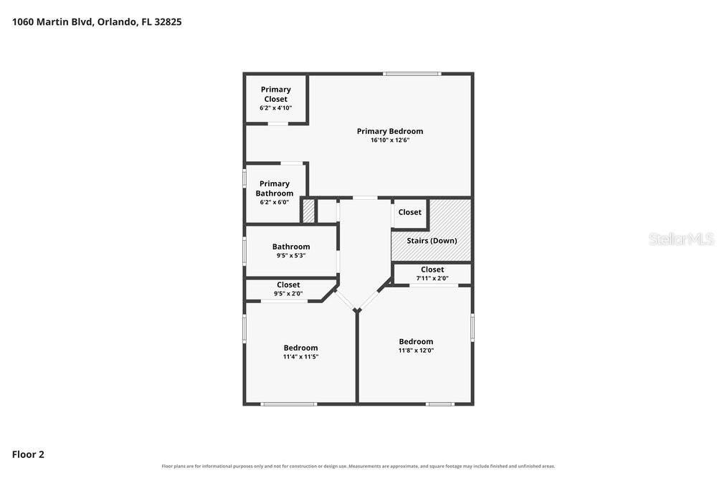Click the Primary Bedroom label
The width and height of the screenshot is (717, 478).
tap(389, 131)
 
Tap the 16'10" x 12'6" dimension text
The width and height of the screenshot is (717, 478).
tap(389, 140)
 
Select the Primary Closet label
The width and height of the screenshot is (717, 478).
tap(276, 94)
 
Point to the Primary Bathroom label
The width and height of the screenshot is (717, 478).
tap(275, 188)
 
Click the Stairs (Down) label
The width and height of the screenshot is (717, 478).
tap(432, 240)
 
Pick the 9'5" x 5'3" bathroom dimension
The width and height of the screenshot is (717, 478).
tap(291, 255)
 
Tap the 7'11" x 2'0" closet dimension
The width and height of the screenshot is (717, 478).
tap(432, 278)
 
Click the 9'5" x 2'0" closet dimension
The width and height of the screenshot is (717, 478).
tap(288, 293)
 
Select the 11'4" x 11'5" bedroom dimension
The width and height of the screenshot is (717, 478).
tap(300, 356)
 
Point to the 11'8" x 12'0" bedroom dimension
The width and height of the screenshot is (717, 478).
tap(416, 350)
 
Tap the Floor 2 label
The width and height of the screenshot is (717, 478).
tap(28, 454)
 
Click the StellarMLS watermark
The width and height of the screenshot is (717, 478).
tap(681, 239)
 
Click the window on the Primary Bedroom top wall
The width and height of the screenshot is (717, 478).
tap(412, 74)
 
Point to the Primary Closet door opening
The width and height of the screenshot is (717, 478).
tap(278, 123)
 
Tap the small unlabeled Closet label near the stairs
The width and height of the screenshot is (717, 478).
tap(409, 212)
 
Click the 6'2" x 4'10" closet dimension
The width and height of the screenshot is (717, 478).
tap(276, 107)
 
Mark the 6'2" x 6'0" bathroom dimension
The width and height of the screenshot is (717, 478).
tap(275, 202)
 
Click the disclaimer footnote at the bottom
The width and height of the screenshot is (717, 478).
tap(358, 466)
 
